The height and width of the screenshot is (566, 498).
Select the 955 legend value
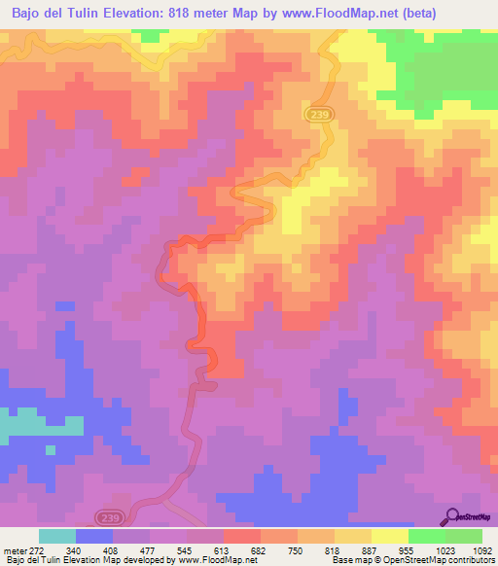pos(406,549)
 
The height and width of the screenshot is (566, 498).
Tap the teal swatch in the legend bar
pos(57,536)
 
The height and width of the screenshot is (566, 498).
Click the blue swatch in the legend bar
pos(94,536)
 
